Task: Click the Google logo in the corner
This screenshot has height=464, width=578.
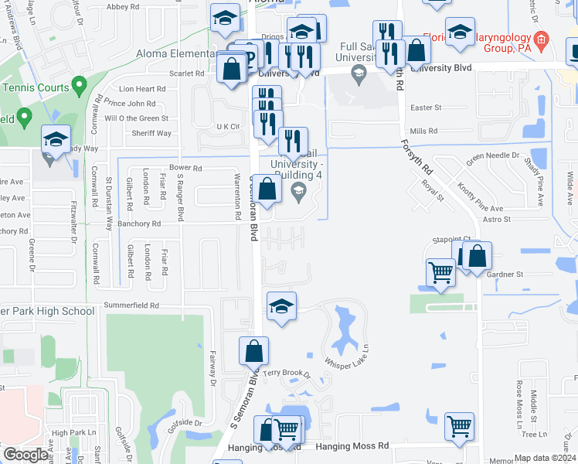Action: click(25, 455)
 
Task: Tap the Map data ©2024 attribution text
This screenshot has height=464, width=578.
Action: click(546, 458)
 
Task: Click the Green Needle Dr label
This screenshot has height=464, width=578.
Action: click(491, 158)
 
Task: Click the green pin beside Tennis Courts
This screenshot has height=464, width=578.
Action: click(77, 84)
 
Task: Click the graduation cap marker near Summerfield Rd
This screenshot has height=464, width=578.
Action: click(282, 306)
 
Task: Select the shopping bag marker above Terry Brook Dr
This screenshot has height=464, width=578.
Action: click(253, 352)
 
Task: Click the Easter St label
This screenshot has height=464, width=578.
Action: click(426, 107)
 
